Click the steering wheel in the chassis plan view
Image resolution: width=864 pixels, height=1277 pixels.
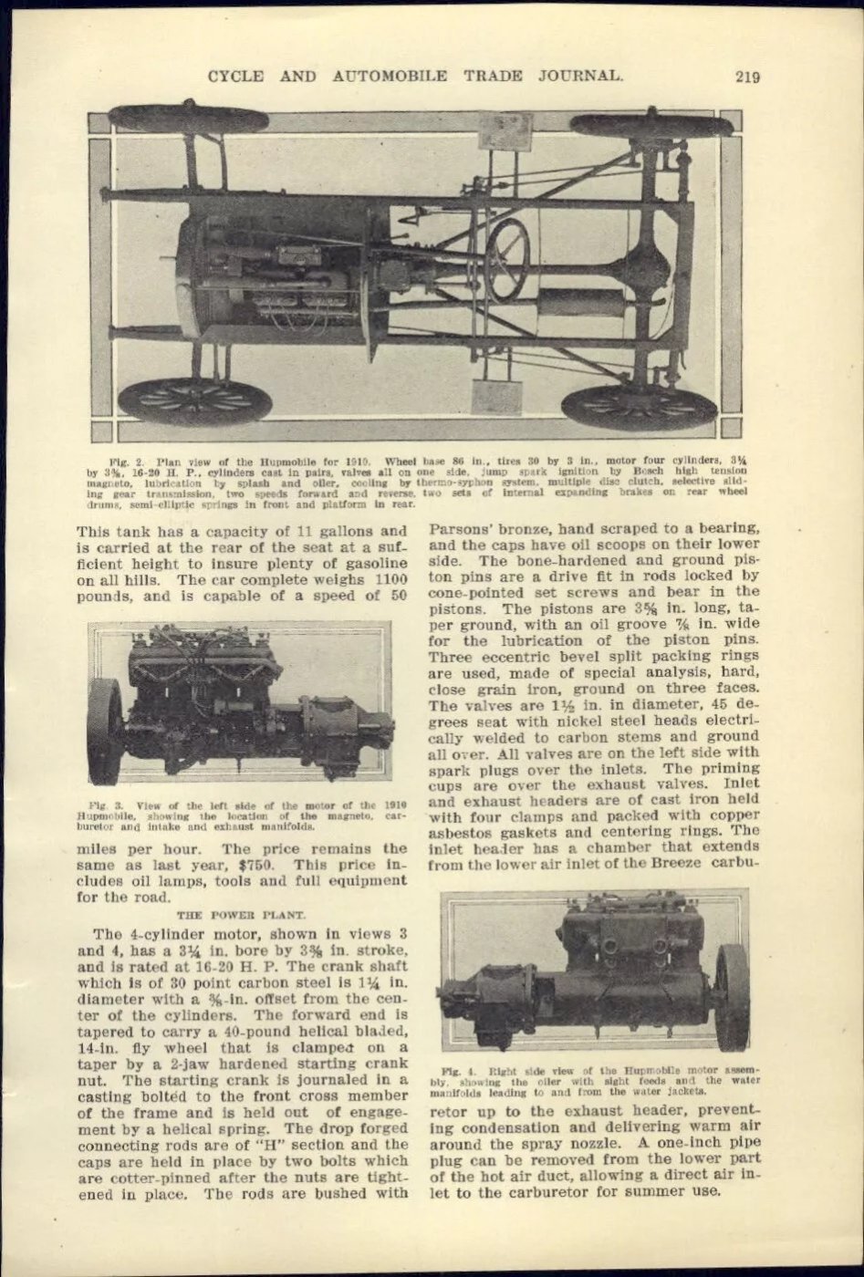[507, 259]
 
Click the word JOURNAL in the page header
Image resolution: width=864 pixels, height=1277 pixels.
[578, 76]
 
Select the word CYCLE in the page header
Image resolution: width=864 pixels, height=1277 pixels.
[237, 76]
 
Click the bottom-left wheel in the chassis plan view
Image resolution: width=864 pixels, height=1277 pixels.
[194, 401]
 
